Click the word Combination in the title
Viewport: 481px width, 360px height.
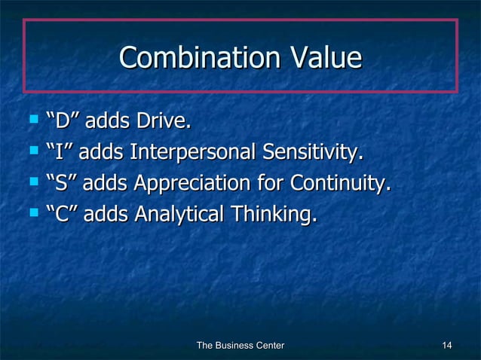coord(195,58)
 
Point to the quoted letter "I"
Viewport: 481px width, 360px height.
coord(58,152)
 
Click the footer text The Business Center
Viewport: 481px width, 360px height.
coord(240,345)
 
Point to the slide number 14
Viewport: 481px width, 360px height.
coord(447,345)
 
